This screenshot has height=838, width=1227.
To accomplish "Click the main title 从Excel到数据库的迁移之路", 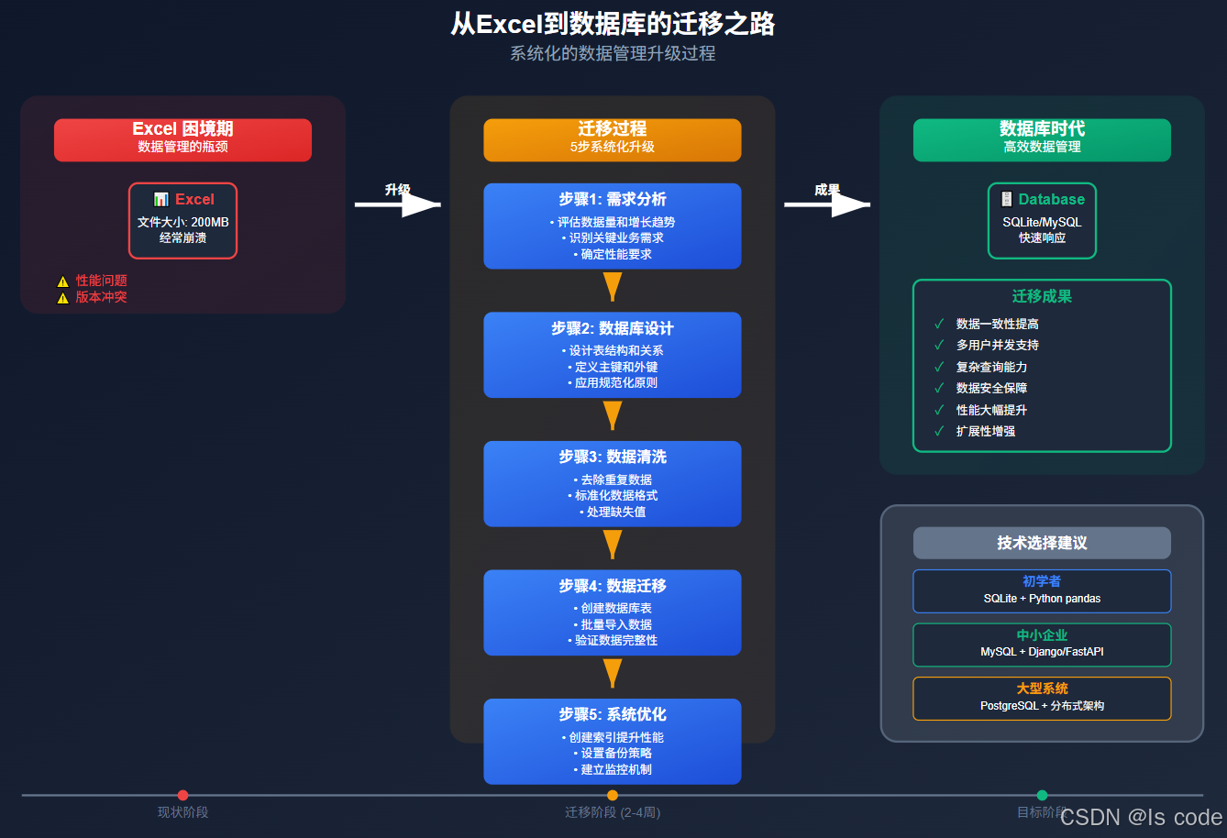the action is (x=613, y=23).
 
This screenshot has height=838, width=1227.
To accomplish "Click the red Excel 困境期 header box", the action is (x=182, y=139).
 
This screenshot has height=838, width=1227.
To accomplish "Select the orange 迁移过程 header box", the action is (x=612, y=139).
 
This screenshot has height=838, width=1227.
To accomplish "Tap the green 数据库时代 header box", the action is (x=1042, y=139).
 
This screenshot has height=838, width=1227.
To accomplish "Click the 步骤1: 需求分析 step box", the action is (x=612, y=226).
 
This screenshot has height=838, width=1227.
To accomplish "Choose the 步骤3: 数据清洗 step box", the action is (x=612, y=483).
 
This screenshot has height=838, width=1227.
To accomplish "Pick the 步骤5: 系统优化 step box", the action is (x=612, y=741).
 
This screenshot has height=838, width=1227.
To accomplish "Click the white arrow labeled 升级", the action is (x=398, y=204).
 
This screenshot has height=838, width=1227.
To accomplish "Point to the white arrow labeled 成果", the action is (x=827, y=204).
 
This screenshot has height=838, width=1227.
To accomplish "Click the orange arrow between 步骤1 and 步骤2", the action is (x=612, y=286).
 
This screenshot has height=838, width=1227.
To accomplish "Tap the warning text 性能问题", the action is (x=101, y=281).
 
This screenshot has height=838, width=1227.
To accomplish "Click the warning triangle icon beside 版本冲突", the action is (x=62, y=298).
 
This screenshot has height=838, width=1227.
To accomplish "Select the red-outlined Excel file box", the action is (x=182, y=220).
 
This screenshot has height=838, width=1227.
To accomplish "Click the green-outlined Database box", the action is (x=1042, y=220).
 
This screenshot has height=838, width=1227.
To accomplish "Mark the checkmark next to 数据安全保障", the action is (x=939, y=388).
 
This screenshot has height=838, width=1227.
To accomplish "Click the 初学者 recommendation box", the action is (x=1042, y=590).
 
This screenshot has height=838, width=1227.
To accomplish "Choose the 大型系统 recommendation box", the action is (x=1042, y=698).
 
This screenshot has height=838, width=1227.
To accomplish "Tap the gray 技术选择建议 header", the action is (x=1042, y=543).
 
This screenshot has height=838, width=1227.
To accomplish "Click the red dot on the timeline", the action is (x=182, y=795).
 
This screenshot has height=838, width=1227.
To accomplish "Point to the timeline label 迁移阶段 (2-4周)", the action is (x=612, y=812).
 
